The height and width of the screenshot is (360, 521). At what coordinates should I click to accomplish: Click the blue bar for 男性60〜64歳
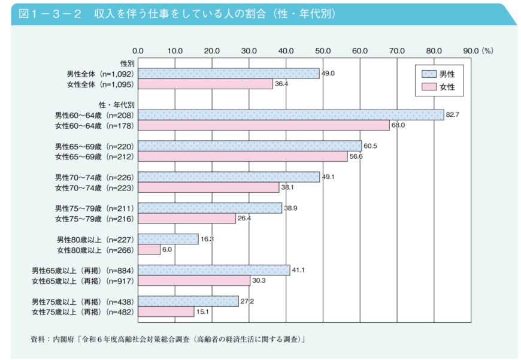[x=290, y=115]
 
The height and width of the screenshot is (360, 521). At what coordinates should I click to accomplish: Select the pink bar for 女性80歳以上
[x=149, y=250]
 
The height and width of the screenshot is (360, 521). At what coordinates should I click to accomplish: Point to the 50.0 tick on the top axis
[x=323, y=51]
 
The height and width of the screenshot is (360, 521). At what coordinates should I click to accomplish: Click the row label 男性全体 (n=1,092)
[x=99, y=74]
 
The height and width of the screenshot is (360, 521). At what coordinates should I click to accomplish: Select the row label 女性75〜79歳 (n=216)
[x=94, y=219]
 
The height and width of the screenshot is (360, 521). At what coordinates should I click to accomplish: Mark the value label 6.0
[x=167, y=249]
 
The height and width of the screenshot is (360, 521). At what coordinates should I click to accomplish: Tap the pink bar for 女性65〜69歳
[x=243, y=156]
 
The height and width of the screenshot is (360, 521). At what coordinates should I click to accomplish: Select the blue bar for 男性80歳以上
[x=168, y=239]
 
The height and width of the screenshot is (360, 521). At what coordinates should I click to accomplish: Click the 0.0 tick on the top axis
[x=138, y=51]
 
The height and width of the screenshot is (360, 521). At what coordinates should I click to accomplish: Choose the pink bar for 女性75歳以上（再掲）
[x=166, y=312]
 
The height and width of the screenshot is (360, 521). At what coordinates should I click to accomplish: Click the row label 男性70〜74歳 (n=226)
[x=94, y=177]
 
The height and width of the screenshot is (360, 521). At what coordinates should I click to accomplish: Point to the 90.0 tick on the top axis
[x=471, y=51]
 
